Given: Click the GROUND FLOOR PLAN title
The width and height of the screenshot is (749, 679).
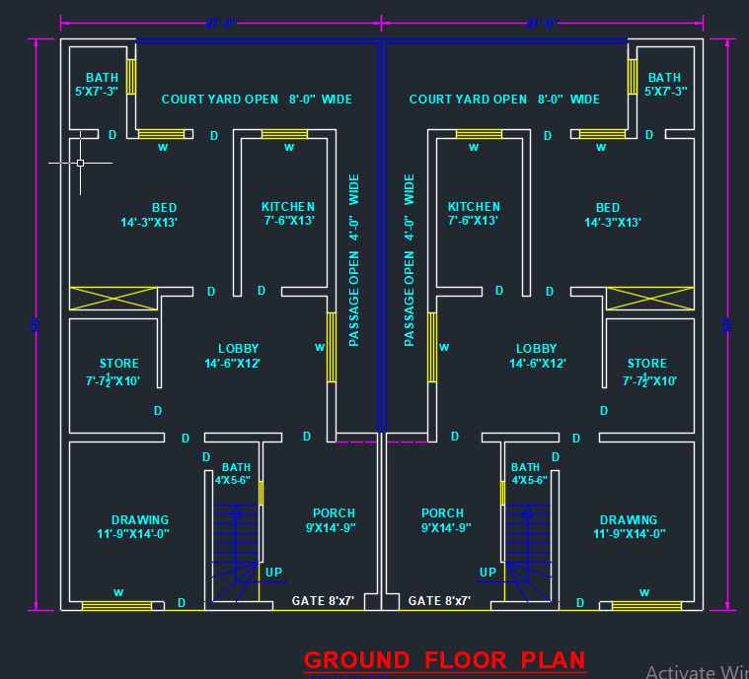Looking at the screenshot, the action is pos(444,660).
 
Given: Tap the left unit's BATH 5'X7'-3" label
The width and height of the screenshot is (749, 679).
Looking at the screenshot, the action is pos(97,84).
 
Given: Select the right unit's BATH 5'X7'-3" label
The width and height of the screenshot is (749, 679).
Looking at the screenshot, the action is pos(664,84).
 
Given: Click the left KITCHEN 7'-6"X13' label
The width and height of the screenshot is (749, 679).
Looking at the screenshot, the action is pos(288,214).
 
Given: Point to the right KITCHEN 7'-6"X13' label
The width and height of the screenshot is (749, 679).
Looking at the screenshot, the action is pos(474,214).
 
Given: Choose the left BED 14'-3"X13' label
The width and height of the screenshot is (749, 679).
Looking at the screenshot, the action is pos(149,215).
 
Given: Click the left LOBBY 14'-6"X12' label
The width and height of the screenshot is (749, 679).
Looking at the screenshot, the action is pos(238,356).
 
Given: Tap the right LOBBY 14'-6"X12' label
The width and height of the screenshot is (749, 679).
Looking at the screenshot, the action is pos(537,356).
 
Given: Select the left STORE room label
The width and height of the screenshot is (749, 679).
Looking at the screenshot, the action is pos(118,372).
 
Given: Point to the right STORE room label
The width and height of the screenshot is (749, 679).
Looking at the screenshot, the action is pos(647,372).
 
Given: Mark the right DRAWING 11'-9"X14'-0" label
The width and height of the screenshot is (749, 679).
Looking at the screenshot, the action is pos(629,526).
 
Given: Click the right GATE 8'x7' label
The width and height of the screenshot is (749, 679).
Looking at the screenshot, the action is pos(439,600).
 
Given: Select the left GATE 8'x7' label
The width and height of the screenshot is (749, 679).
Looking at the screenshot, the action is pos(323,600).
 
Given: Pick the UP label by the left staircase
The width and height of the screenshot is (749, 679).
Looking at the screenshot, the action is pos(273,572).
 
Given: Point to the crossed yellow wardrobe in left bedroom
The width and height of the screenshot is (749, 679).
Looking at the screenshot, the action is pos(113,298).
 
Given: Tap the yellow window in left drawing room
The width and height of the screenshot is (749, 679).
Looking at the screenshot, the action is pos(116,605).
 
